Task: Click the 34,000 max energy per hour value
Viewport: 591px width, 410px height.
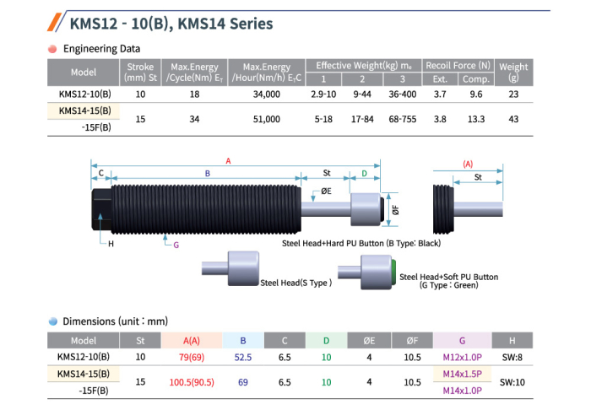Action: [x=267, y=94]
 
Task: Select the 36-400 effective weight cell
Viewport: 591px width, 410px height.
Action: [x=403, y=94]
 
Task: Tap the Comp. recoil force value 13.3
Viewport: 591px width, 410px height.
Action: [x=476, y=119]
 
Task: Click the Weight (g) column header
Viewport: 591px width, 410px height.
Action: [x=513, y=73]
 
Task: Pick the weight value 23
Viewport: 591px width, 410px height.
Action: [x=513, y=94]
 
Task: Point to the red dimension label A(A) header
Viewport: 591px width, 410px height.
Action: [x=192, y=341]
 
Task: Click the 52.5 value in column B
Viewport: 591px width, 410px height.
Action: [x=243, y=357]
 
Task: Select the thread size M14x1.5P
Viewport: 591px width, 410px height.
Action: [x=462, y=374]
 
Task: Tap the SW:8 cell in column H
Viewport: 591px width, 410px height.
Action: [x=512, y=357]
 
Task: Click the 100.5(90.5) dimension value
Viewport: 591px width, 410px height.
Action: [x=192, y=382]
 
